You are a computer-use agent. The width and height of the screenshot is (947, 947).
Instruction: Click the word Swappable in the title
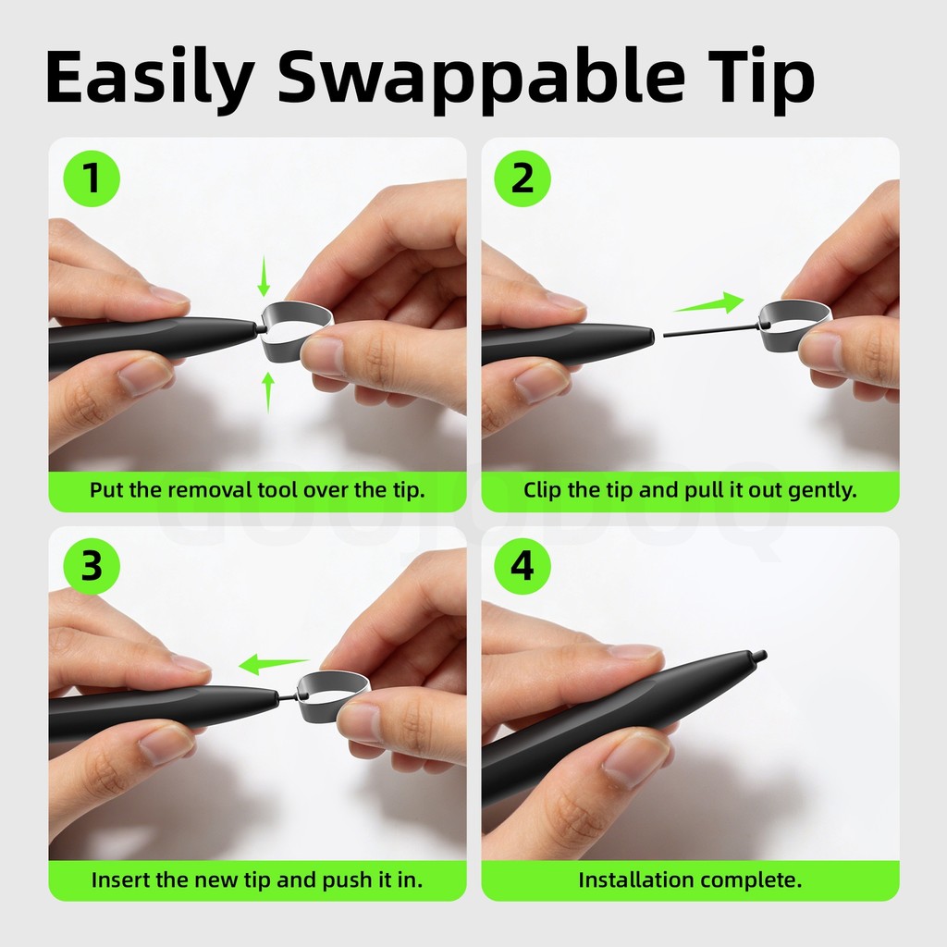[x=481, y=79]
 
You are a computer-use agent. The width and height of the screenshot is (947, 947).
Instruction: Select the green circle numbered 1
[x=92, y=178]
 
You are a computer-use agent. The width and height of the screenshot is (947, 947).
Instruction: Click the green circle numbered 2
[x=523, y=178]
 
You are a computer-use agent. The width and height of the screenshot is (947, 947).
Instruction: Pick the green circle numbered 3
[x=92, y=567]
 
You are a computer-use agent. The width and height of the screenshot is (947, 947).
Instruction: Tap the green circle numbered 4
[x=523, y=567]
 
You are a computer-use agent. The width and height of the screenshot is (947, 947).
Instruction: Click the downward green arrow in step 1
[x=264, y=277]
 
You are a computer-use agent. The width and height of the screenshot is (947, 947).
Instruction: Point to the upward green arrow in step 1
[x=268, y=392]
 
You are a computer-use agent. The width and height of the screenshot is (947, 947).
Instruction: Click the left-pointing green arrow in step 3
[x=274, y=664]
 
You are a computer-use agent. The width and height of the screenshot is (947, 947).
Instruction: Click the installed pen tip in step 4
[x=758, y=657]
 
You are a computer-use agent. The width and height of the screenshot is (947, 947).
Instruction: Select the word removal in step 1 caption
[x=209, y=490]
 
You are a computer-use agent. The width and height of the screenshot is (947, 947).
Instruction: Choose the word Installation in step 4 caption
[x=638, y=880]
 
